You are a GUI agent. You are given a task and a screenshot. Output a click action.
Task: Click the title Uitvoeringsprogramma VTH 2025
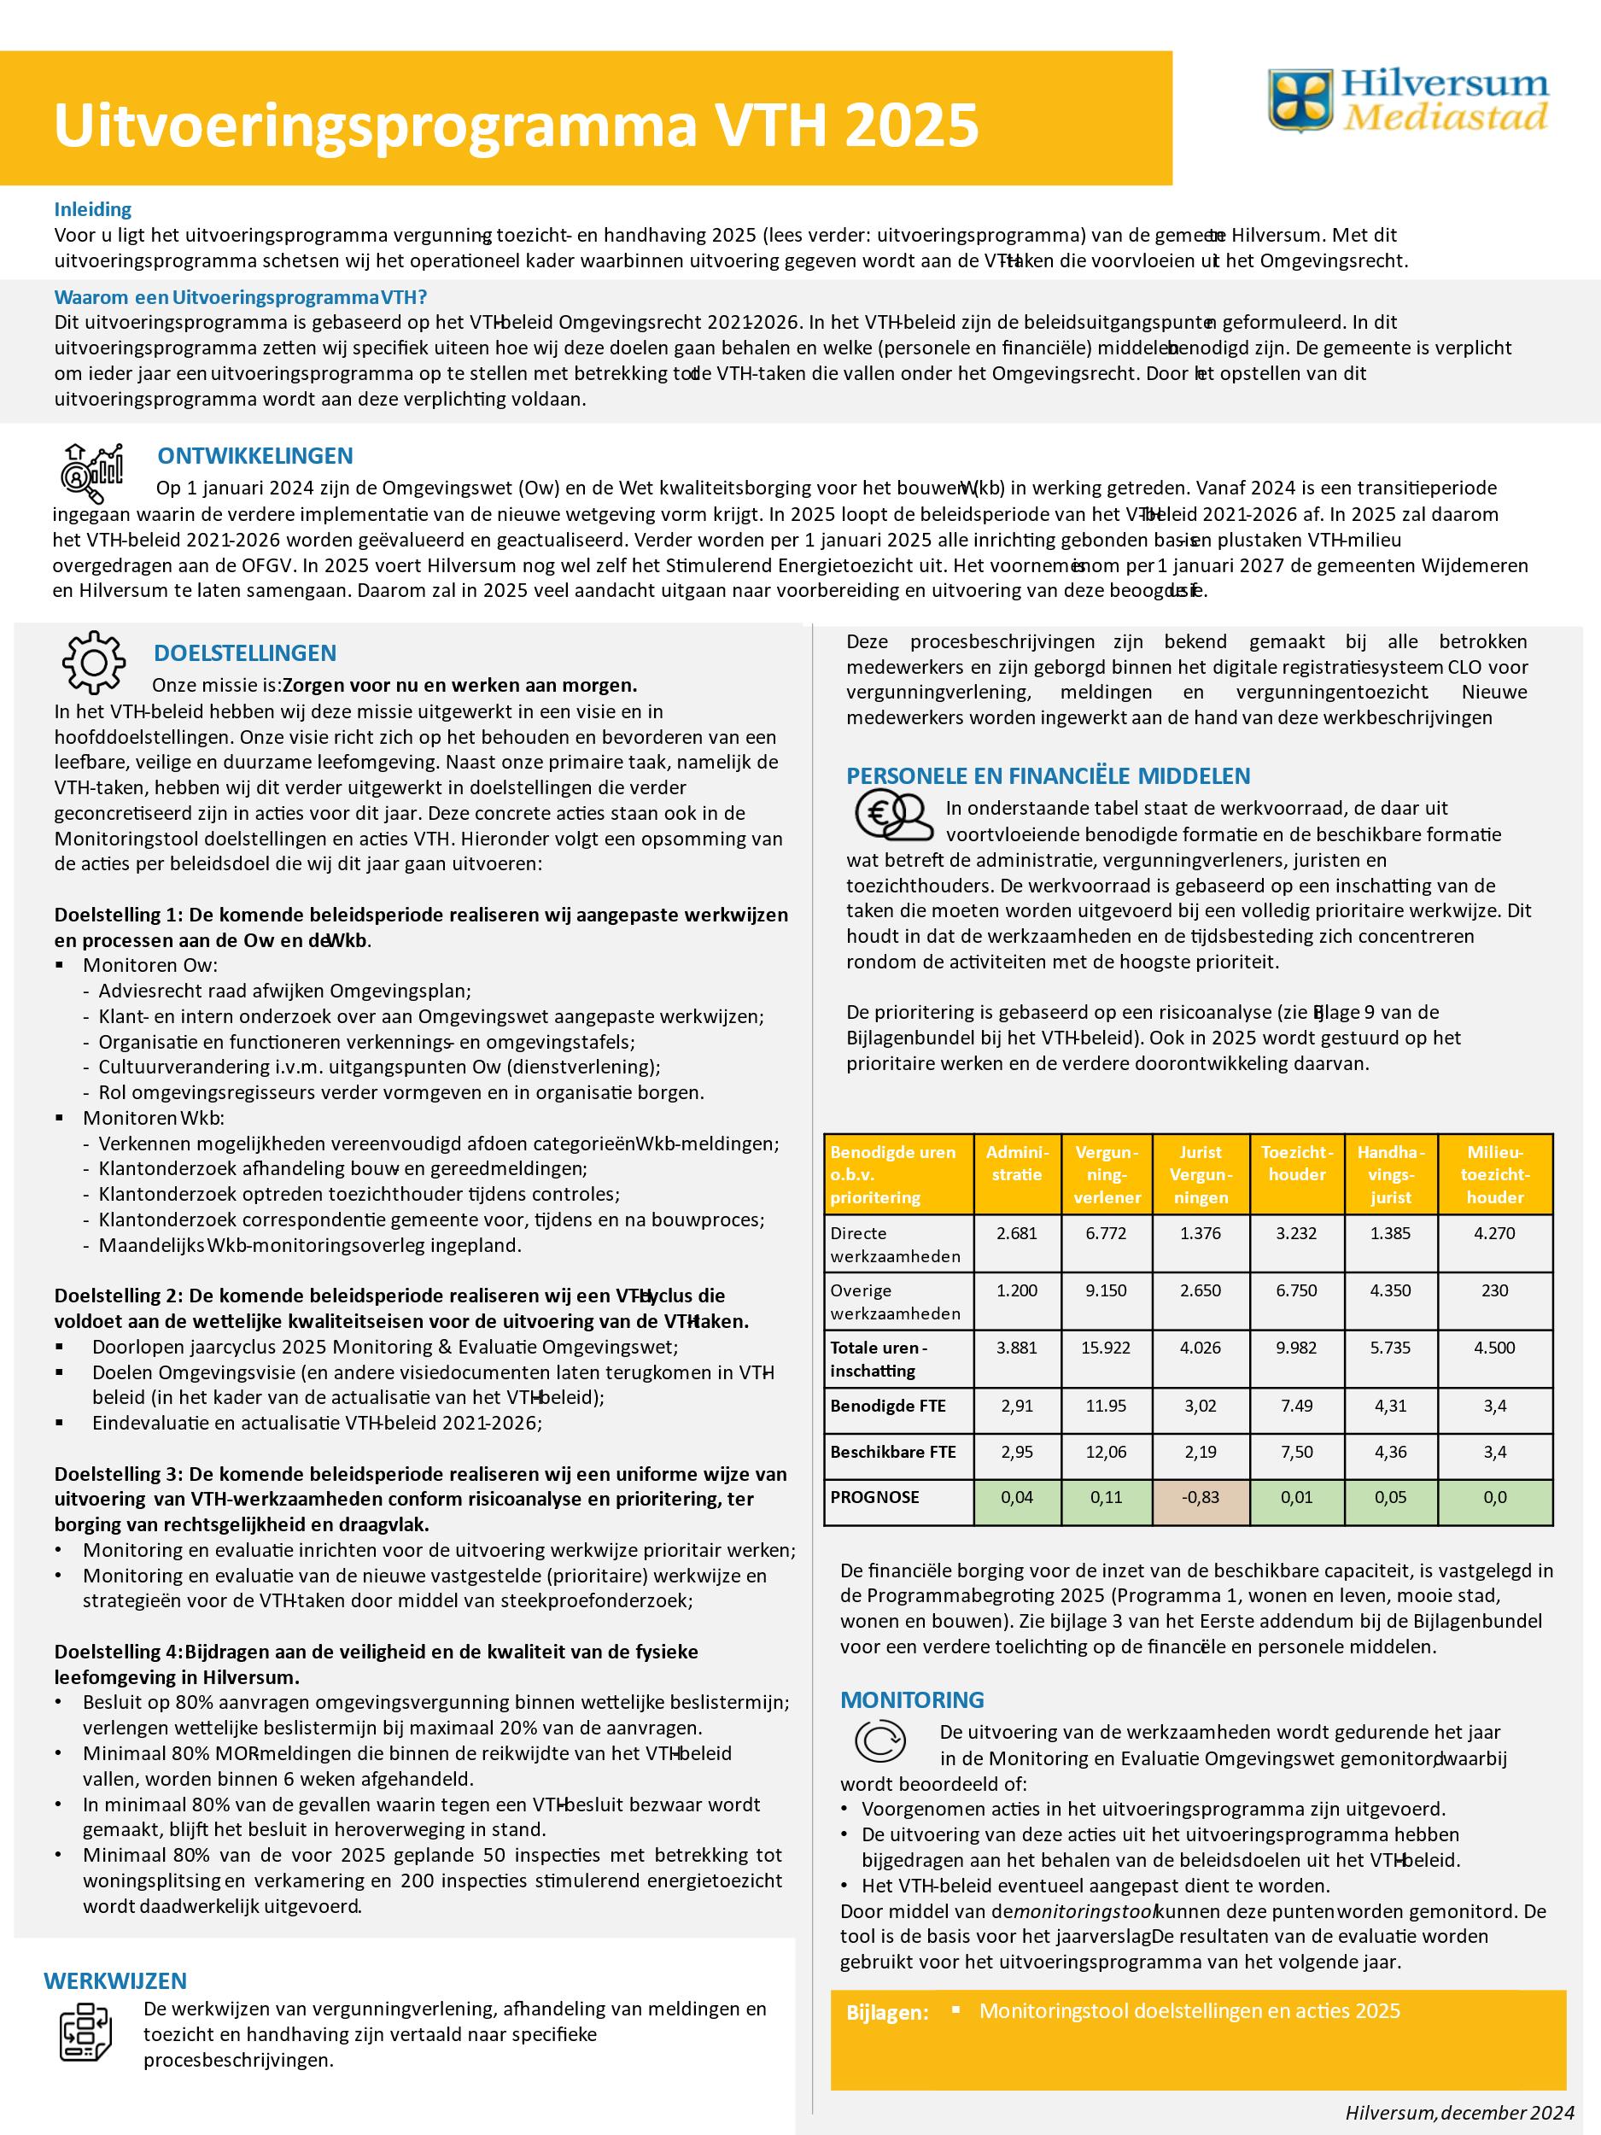click(517, 126)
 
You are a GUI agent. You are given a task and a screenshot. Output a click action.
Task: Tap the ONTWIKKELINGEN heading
click(254, 455)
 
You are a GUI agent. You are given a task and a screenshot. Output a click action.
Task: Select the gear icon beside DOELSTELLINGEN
click(94, 661)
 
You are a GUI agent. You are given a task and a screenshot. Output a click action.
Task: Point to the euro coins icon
click(892, 816)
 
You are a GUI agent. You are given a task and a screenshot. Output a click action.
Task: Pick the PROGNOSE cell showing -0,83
click(1201, 1497)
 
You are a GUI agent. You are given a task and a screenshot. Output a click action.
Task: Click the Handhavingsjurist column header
click(1389, 1174)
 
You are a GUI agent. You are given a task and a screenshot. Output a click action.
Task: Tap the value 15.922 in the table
click(1105, 1348)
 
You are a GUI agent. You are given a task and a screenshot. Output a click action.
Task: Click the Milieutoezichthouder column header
click(1494, 1174)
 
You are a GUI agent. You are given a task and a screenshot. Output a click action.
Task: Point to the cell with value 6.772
click(1105, 1232)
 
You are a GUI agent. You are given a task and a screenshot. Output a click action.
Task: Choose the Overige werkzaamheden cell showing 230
click(1494, 1290)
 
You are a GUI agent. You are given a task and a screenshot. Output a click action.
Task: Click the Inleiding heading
click(92, 208)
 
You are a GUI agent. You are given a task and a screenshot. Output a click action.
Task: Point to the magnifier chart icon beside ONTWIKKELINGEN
click(91, 473)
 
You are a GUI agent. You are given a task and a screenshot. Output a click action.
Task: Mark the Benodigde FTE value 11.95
click(1105, 1407)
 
